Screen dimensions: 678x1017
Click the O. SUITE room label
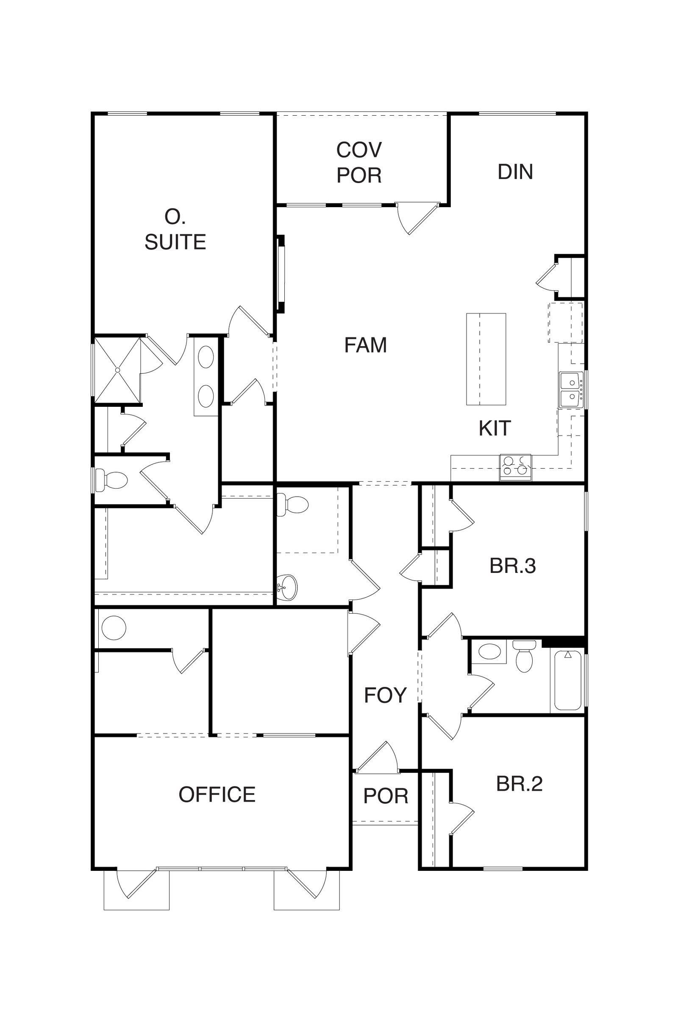pyautogui.click(x=175, y=229)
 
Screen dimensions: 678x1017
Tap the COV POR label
pyautogui.click(x=359, y=163)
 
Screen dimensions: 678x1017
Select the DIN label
pyautogui.click(x=515, y=172)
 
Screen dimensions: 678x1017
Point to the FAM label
pyautogui.click(x=365, y=345)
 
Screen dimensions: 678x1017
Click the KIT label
pyautogui.click(x=495, y=428)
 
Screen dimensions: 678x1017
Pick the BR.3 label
pyautogui.click(x=512, y=566)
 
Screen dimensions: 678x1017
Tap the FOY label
pyautogui.click(x=385, y=695)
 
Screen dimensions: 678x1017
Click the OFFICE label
pyautogui.click(x=217, y=794)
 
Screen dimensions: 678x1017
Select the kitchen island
pyautogui.click(x=486, y=359)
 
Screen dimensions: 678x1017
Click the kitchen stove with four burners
pyautogui.click(x=515, y=467)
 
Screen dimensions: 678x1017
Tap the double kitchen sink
pyautogui.click(x=572, y=389)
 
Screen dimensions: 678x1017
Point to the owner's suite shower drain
pyautogui.click(x=117, y=370)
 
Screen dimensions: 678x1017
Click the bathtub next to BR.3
pyautogui.click(x=567, y=680)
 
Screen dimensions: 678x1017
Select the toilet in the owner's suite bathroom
pyautogui.click(x=111, y=480)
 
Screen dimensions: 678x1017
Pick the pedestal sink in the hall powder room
pyautogui.click(x=287, y=587)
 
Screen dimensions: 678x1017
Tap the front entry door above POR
pyautogui.click(x=377, y=757)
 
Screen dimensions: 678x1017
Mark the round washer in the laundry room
pyautogui.click(x=114, y=628)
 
